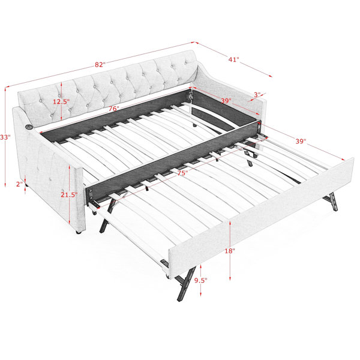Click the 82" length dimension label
tap(100, 65)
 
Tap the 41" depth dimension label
tap(234, 59)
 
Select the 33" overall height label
tap(5, 137)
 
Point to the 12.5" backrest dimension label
tap(61, 101)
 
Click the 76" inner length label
tap(114, 109)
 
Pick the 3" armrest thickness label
tap(257, 95)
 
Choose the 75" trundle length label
tap(182, 173)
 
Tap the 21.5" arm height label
tap(69, 194)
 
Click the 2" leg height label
tap(19, 184)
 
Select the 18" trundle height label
tap(230, 251)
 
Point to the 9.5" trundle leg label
tap(200, 280)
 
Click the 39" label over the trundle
tap(301, 141)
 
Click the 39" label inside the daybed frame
tap(226, 101)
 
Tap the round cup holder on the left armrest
tap(29, 127)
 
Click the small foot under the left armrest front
tap(79, 232)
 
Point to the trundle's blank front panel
tap(261, 218)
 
